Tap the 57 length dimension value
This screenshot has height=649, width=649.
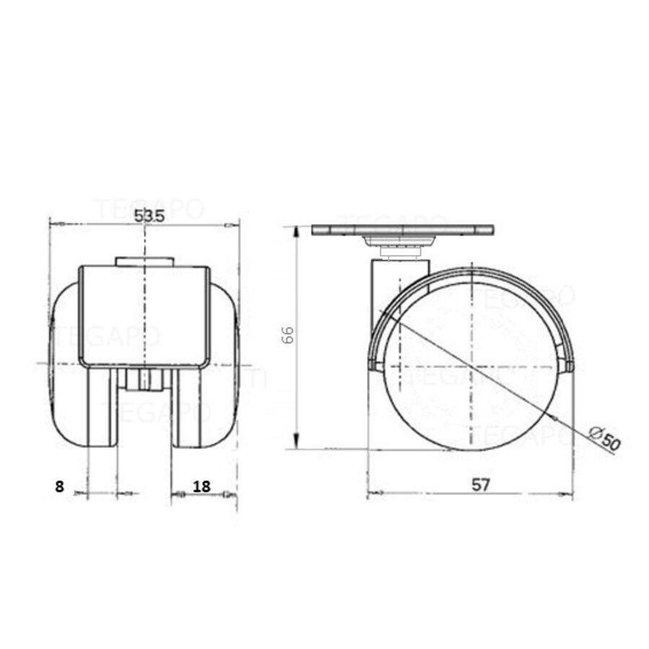[x=481, y=485]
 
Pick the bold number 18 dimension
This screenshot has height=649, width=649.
[x=202, y=486]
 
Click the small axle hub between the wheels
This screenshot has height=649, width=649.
[x=144, y=380]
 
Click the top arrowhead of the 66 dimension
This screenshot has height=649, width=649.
[x=296, y=231]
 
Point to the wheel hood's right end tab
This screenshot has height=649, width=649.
[x=569, y=367]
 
